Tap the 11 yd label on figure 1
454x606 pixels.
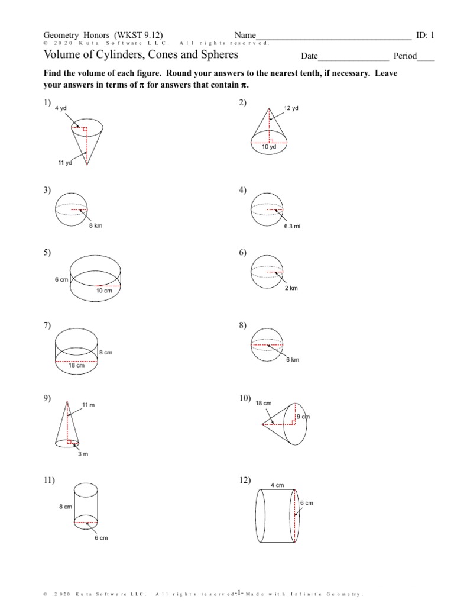pos(64,163)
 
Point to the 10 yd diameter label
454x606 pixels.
pos(269,147)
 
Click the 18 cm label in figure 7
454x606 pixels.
pos(76,365)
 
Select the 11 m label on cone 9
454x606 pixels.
pos(88,405)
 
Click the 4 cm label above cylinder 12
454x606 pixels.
pos(277,485)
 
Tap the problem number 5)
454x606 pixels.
pos(47,253)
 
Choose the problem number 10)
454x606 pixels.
pos(244,398)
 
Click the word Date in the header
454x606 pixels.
pos(309,56)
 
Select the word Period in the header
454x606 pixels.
pos(401,56)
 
